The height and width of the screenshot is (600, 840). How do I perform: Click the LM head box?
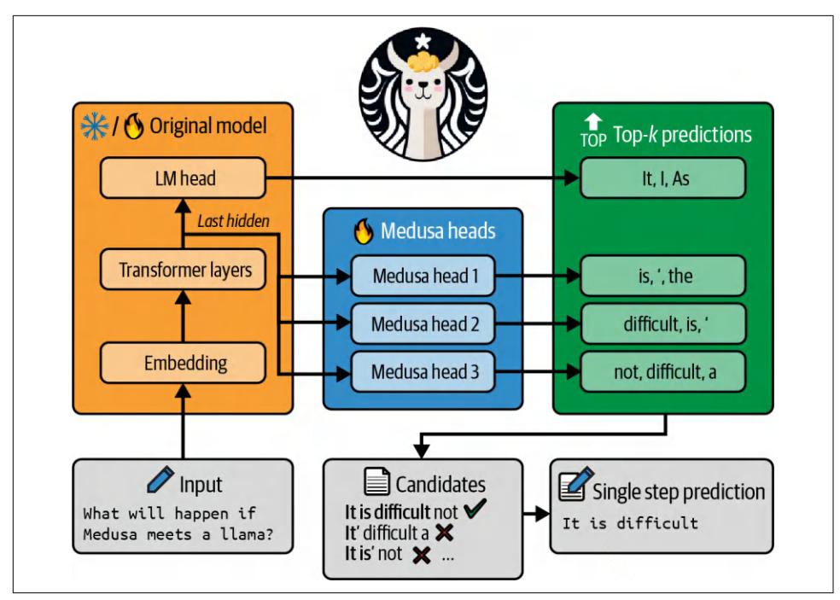pyautogui.click(x=182, y=178)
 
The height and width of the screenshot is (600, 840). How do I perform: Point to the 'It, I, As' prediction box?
pyautogui.click(x=663, y=178)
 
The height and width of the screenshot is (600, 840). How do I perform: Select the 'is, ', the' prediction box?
pyautogui.click(x=663, y=277)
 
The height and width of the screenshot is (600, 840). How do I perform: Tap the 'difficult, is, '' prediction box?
pyautogui.click(x=663, y=324)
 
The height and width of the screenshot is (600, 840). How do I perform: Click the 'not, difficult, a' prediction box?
pyautogui.click(x=663, y=372)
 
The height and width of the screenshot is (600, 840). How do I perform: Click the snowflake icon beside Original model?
pyautogui.click(x=91, y=126)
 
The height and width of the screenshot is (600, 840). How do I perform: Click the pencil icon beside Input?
pyautogui.click(x=160, y=482)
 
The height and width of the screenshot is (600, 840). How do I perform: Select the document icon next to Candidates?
pyautogui.click(x=375, y=484)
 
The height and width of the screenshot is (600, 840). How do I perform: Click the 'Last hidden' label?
pyautogui.click(x=233, y=222)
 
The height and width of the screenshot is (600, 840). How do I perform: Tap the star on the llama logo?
pyautogui.click(x=422, y=40)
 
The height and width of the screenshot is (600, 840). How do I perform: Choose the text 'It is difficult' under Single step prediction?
pyautogui.click(x=629, y=522)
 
